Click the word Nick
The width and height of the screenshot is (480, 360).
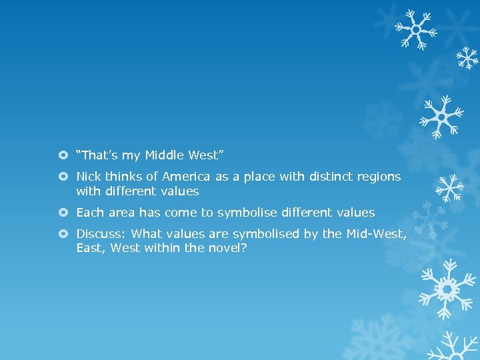click(x=88, y=177)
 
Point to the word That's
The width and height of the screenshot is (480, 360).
click(x=98, y=155)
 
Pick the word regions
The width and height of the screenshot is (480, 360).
click(x=377, y=177)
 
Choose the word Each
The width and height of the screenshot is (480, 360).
click(x=89, y=213)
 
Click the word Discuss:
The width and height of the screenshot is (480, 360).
click(x=101, y=234)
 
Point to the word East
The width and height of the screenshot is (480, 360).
click(x=90, y=248)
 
